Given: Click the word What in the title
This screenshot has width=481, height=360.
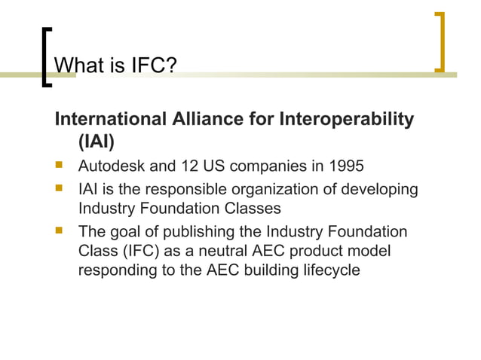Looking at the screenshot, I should click(x=81, y=67).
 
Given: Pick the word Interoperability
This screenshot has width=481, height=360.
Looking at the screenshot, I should click(x=347, y=120).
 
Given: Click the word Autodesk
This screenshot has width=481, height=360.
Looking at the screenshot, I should click(x=110, y=165).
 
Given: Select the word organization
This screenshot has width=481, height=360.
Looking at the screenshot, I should click(x=271, y=188).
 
